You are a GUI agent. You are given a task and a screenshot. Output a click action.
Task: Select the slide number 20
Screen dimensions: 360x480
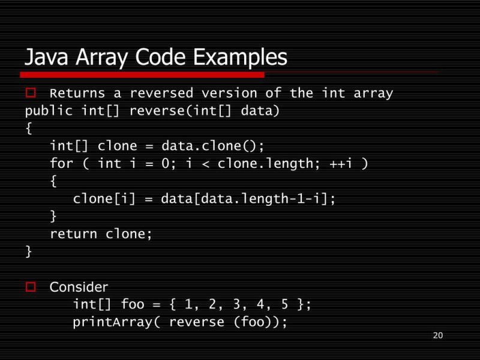tap(437, 335)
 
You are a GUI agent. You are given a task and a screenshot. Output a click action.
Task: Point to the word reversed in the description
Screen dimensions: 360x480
tap(161, 94)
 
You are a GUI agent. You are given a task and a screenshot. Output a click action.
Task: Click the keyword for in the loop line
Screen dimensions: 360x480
tap(61, 163)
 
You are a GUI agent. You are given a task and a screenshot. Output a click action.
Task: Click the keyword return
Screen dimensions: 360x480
tap(73, 233)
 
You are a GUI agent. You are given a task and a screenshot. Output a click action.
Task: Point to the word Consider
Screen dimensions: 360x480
tap(79, 287)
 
